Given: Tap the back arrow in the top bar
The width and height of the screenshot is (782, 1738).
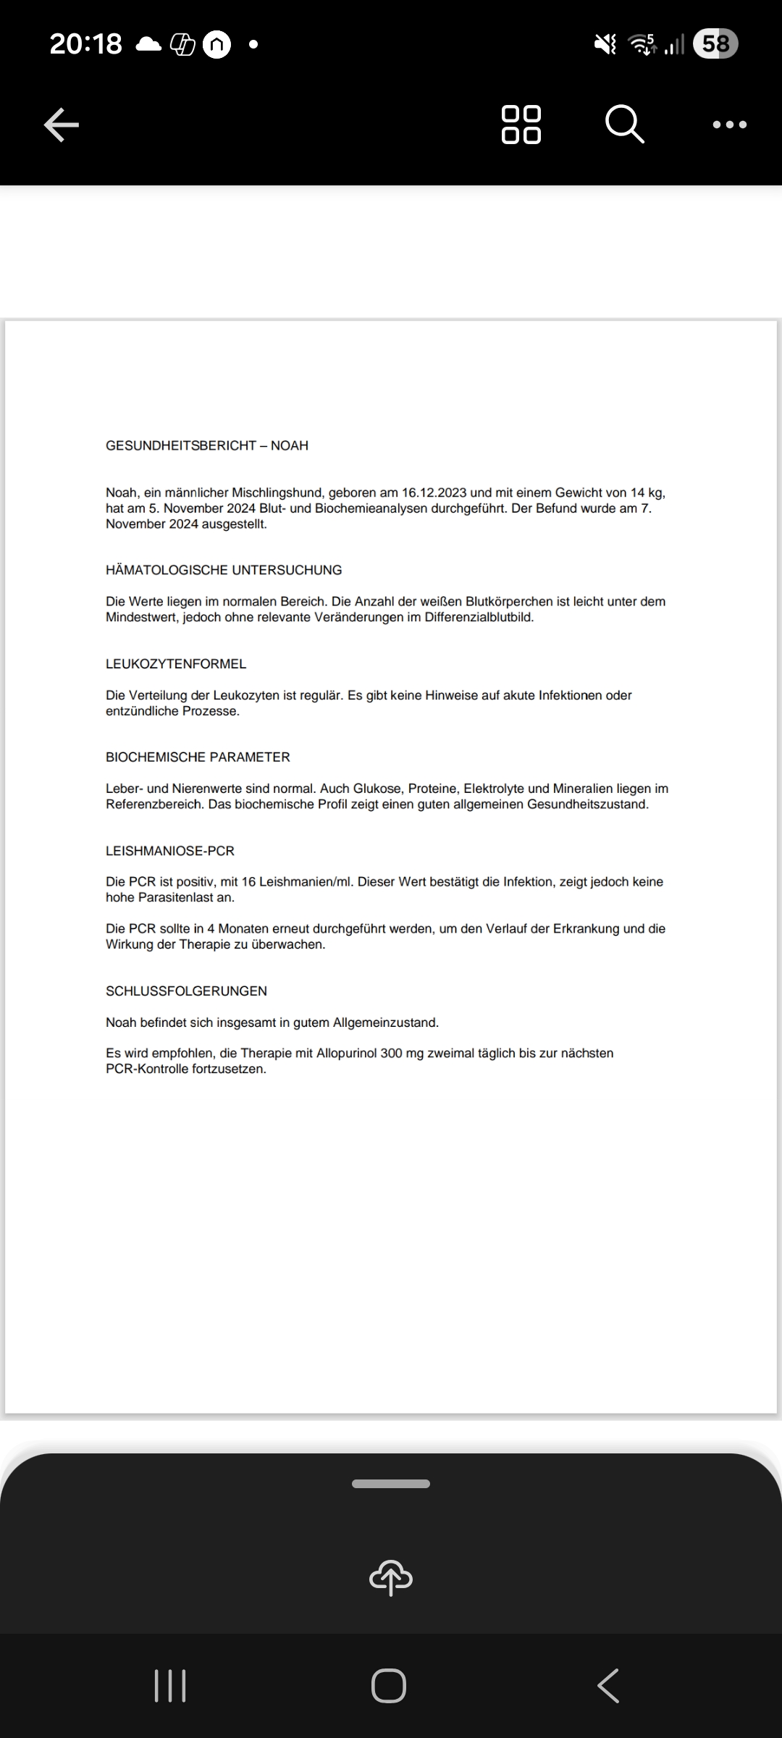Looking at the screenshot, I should (x=62, y=125).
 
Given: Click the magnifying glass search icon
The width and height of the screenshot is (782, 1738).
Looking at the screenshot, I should (x=624, y=125).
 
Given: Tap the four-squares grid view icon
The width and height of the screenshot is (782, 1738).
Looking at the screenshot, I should (x=521, y=125).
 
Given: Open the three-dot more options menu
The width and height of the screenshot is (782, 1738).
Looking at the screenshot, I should (x=729, y=125).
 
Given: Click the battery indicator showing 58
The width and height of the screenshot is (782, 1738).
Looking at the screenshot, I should (x=715, y=44).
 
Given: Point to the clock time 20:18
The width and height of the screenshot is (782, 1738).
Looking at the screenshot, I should (x=85, y=44).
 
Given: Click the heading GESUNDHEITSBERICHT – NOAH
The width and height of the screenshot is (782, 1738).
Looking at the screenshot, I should (x=207, y=445).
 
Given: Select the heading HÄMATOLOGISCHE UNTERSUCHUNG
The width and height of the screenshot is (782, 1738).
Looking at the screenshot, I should (x=224, y=570).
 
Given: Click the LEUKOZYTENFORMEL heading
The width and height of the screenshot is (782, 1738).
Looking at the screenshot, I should (x=176, y=663).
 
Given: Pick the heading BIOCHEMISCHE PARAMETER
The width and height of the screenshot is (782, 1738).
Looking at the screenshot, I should (x=198, y=757).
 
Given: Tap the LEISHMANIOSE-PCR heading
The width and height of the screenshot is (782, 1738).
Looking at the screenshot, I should (x=170, y=851).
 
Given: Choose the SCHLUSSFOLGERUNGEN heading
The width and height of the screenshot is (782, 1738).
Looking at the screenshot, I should (x=186, y=991).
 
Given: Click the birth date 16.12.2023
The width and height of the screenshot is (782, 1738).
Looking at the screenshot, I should (x=434, y=492).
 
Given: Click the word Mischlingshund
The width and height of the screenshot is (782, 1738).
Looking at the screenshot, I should (x=278, y=492).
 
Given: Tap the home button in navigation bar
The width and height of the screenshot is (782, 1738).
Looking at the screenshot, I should (x=389, y=1685).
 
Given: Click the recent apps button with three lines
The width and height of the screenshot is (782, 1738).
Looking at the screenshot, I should (x=170, y=1685).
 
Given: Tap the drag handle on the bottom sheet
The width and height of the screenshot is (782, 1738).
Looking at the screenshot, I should (x=391, y=1484).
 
